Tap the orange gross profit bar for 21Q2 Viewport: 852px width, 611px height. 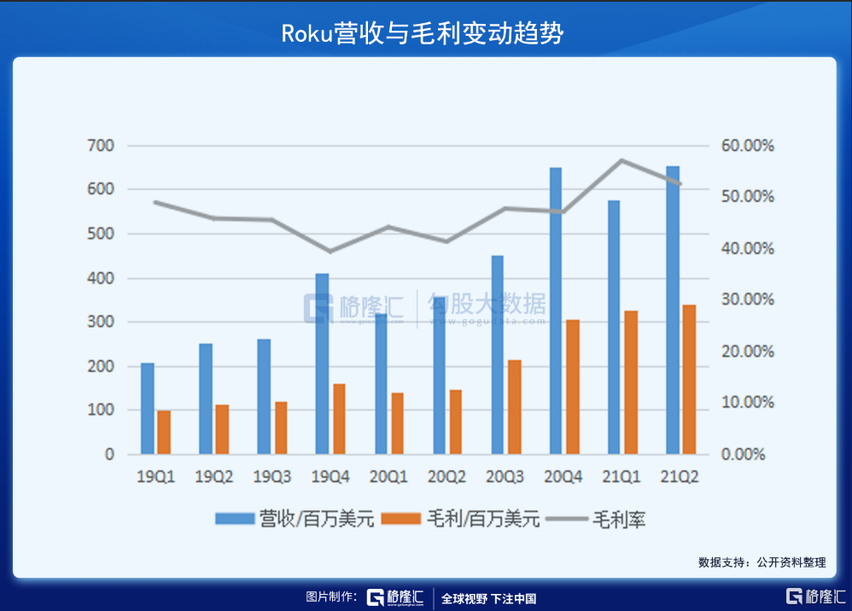point(689,379)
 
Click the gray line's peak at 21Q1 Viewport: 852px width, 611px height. point(622,160)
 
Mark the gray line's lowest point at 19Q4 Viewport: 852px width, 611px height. point(330,251)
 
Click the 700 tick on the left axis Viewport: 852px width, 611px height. point(101,146)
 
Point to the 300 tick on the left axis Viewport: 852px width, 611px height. point(101,323)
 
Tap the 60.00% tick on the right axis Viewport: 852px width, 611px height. point(748,146)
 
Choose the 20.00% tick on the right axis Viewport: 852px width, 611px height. point(748,352)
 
